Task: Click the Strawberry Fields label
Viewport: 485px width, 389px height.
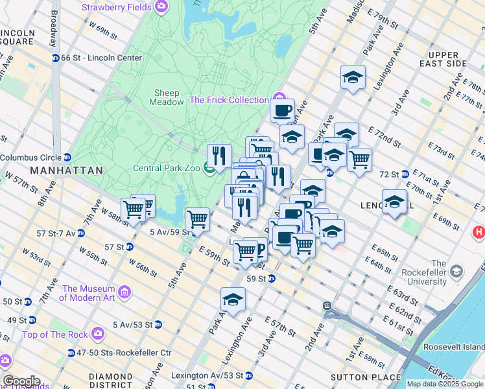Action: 117,8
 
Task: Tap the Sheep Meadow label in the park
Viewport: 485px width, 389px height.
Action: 167,97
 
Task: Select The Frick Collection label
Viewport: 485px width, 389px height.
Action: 229,100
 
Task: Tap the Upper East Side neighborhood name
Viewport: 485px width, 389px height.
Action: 444,59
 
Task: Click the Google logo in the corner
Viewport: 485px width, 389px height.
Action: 21,381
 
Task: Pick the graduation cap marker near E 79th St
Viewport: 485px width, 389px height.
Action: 353,78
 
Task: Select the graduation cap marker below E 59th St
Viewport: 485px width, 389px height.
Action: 233,300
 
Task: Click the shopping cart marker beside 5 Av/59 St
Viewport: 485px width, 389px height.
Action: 197,219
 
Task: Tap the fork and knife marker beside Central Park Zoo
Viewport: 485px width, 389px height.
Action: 220,156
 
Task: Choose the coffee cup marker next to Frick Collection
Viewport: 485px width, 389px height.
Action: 282,111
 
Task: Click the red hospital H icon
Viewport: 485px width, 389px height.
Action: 479,231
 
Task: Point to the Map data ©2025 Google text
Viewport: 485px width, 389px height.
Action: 445,384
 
